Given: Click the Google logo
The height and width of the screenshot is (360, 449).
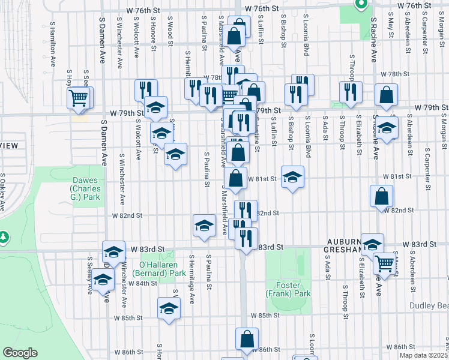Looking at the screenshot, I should point(20,353).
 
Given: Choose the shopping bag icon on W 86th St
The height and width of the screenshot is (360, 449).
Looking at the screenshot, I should point(247,340).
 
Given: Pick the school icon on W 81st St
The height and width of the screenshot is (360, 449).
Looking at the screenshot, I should point(292,177).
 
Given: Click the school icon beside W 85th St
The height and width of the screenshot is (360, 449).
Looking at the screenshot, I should point(169,308).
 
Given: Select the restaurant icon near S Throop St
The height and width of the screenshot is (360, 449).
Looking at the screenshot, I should point(350,92).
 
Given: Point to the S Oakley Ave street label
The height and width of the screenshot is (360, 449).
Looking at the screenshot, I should point(2,192).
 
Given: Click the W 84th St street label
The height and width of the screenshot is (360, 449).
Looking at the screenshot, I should point(142,283).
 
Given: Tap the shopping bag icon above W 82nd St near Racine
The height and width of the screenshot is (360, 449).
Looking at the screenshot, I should point(382,196).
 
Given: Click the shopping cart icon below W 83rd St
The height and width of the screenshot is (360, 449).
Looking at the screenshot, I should point(385,263).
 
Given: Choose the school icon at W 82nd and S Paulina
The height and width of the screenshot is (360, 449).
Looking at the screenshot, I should point(204,226).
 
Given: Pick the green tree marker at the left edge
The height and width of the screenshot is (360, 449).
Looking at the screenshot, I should point(4,238).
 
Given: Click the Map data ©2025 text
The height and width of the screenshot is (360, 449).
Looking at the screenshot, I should point(423,355).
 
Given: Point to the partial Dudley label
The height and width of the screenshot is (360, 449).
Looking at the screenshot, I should point(429,305).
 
